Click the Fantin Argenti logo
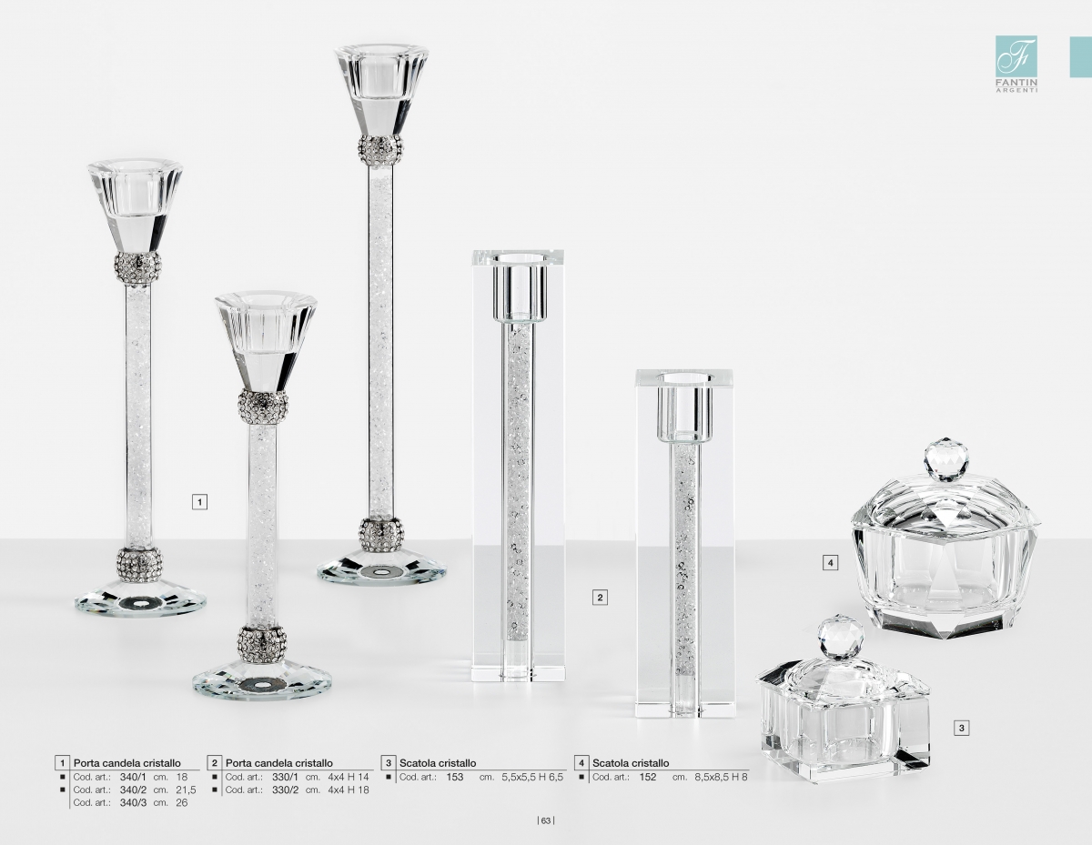(1016, 64)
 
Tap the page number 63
(546, 821)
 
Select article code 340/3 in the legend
(133, 803)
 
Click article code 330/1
(286, 777)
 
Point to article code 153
(455, 777)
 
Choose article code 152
(648, 777)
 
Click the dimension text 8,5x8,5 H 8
(721, 777)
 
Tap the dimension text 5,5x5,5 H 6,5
(532, 777)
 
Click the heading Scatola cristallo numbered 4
(631, 763)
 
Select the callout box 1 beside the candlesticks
(199, 501)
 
